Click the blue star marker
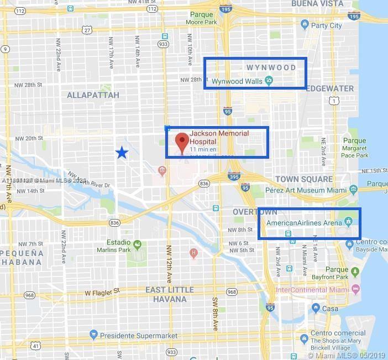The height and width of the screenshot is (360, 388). [122, 153]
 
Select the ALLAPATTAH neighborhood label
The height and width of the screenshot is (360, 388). [93, 95]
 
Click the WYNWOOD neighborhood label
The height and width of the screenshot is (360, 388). [271, 67]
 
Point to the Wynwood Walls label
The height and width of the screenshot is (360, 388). [237, 81]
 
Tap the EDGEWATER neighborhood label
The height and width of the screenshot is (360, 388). [329, 88]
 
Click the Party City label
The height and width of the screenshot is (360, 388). [327, 25]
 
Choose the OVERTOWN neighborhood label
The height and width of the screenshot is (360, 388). [255, 212]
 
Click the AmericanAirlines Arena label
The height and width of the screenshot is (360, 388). [305, 223]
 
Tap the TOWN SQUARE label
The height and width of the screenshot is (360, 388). [304, 179]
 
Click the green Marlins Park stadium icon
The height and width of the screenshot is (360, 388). [138, 244]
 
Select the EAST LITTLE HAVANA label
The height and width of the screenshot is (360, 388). [170, 294]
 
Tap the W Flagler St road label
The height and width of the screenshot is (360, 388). [103, 292]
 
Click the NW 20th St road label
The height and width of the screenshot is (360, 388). [29, 138]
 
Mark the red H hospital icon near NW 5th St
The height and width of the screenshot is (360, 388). [193, 253]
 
